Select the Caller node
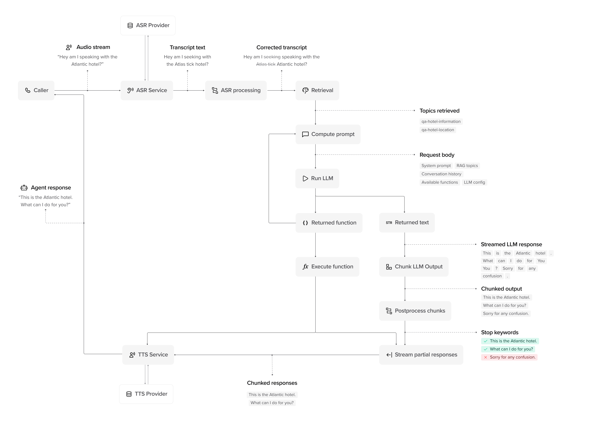(x=36, y=90)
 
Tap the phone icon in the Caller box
(x=28, y=90)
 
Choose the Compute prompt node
(x=328, y=134)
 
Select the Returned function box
(x=329, y=223)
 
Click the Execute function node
(x=327, y=267)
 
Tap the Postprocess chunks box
(x=415, y=311)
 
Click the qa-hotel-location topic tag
(x=438, y=130)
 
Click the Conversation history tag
(x=441, y=174)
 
